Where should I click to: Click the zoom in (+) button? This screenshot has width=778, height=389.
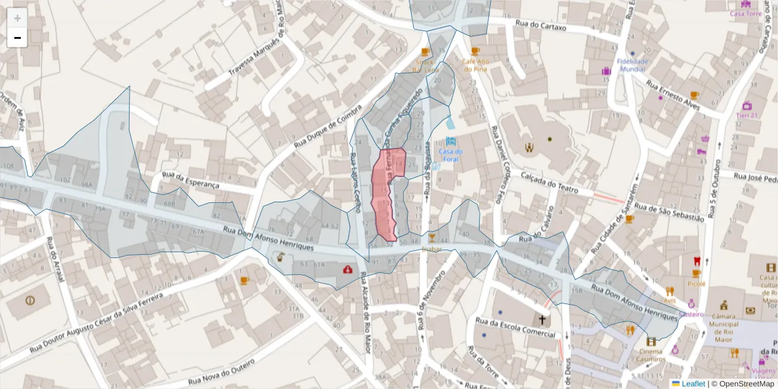click(x=18, y=18)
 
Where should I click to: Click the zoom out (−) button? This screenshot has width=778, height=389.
click(x=18, y=38)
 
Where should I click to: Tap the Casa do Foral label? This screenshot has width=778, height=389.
click(x=450, y=155)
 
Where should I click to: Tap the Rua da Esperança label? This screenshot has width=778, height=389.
click(x=191, y=180)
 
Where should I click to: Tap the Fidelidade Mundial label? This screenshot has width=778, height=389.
click(x=633, y=64)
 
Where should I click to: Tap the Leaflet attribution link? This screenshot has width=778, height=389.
click(x=692, y=384)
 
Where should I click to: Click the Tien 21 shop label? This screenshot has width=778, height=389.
click(x=747, y=115)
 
